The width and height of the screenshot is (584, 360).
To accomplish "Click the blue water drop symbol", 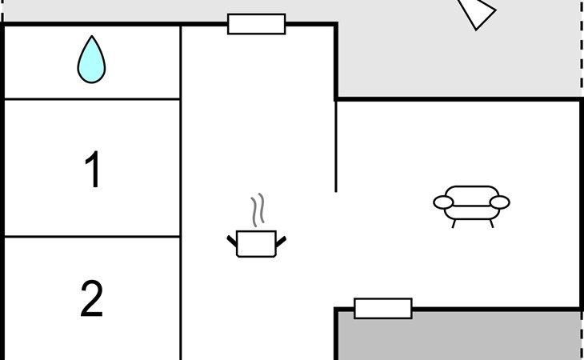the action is pyautogui.click(x=91, y=59).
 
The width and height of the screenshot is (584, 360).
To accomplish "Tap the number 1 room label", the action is pyautogui.click(x=93, y=169).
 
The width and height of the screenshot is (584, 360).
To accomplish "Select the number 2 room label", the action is pyautogui.click(x=92, y=298).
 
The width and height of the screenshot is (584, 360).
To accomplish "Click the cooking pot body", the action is pyautogui.click(x=256, y=244).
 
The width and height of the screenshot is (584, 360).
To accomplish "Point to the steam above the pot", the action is pyautogui.click(x=258, y=210).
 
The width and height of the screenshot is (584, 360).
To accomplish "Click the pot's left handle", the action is pyautogui.click(x=232, y=241).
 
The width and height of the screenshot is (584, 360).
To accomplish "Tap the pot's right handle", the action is pyautogui.click(x=281, y=242).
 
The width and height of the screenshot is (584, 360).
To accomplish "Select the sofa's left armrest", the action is pyautogui.click(x=443, y=202).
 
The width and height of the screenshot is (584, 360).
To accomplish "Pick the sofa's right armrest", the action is pyautogui.click(x=499, y=202).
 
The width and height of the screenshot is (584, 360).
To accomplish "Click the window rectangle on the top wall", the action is pyautogui.click(x=257, y=24).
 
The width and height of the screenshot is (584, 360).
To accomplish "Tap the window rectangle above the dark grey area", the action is pyautogui.click(x=383, y=308).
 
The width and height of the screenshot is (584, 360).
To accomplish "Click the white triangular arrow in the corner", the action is pyautogui.click(x=477, y=12).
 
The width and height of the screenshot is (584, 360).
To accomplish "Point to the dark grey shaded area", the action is pyautogui.click(x=459, y=336).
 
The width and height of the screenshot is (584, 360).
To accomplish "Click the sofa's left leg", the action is pyautogui.click(x=454, y=224).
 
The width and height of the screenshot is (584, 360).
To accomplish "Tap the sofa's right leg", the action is pyautogui.click(x=492, y=223).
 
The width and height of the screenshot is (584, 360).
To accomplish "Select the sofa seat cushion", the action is pyautogui.click(x=471, y=213).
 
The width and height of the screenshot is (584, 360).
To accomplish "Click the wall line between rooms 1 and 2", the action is pyautogui.click(x=92, y=237).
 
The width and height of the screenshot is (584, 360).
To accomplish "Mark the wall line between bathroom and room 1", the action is pyautogui.click(x=92, y=99).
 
